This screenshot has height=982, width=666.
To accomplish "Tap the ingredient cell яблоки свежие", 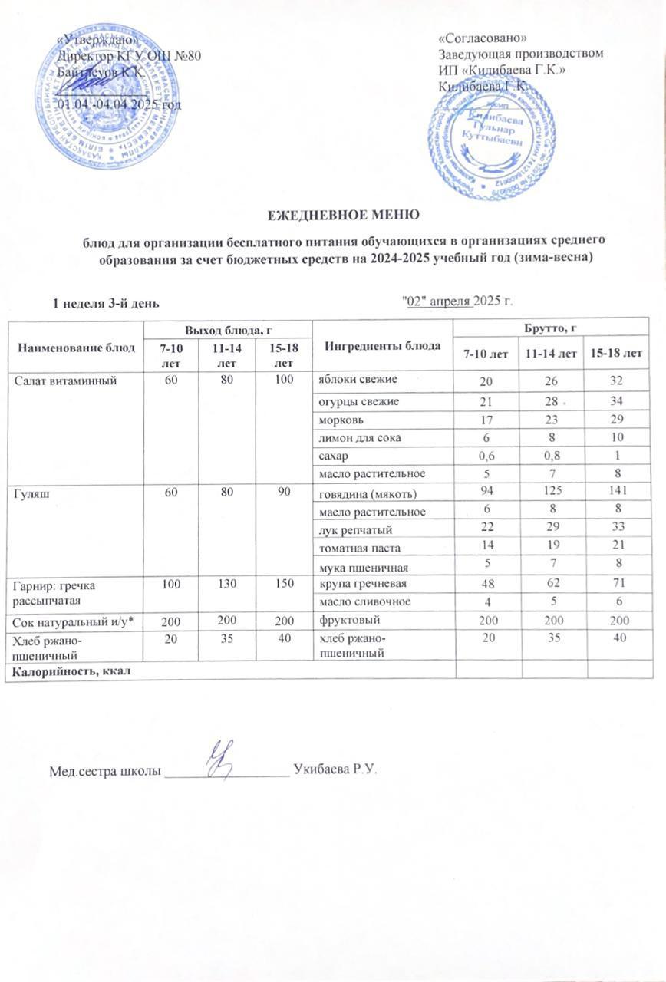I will pyautogui.click(x=355, y=381).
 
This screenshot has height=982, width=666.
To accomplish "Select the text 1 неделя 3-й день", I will pyautogui.click(x=106, y=303).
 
